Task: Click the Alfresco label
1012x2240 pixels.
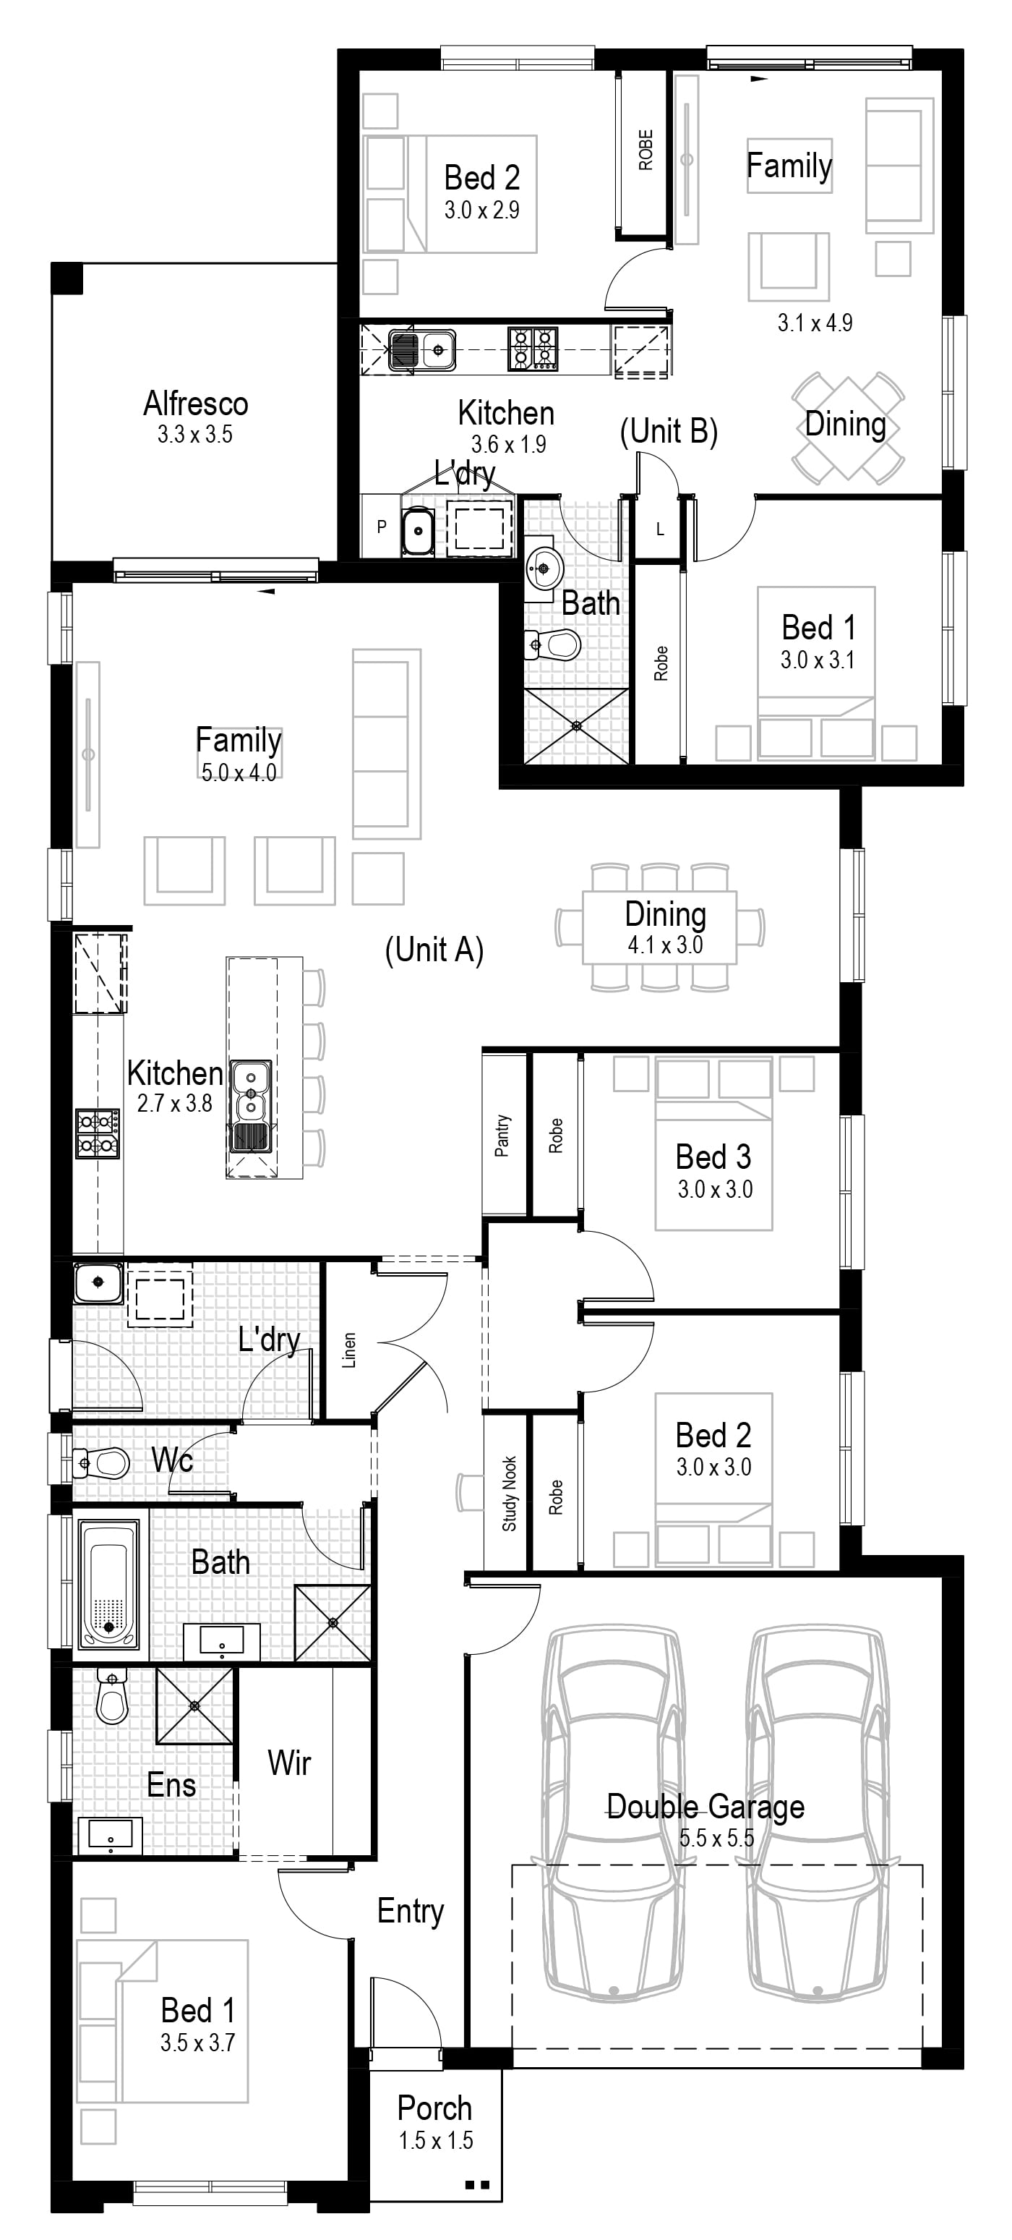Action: pyautogui.click(x=196, y=404)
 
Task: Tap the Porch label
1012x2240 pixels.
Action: pyautogui.click(x=434, y=2108)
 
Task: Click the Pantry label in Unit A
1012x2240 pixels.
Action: pyautogui.click(x=502, y=1136)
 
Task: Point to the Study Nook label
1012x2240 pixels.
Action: pyautogui.click(x=510, y=1493)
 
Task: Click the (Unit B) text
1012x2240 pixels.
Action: pyautogui.click(x=669, y=430)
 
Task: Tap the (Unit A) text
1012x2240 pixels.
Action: pyautogui.click(x=434, y=950)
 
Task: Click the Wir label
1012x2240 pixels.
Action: pyautogui.click(x=290, y=1763)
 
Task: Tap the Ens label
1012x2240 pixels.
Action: pyautogui.click(x=171, y=1785)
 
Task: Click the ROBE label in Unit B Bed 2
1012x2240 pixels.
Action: pyautogui.click(x=645, y=150)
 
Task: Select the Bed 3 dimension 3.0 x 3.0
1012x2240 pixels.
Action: pyautogui.click(x=716, y=1188)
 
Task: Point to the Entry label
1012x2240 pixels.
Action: pyautogui.click(x=411, y=1910)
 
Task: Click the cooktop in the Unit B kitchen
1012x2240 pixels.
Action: pyautogui.click(x=533, y=349)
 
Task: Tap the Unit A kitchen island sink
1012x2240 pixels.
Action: pyautogui.click(x=250, y=1091)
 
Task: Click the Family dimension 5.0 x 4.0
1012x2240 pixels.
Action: pyautogui.click(x=239, y=772)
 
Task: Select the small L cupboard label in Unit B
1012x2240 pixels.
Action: pyautogui.click(x=660, y=529)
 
